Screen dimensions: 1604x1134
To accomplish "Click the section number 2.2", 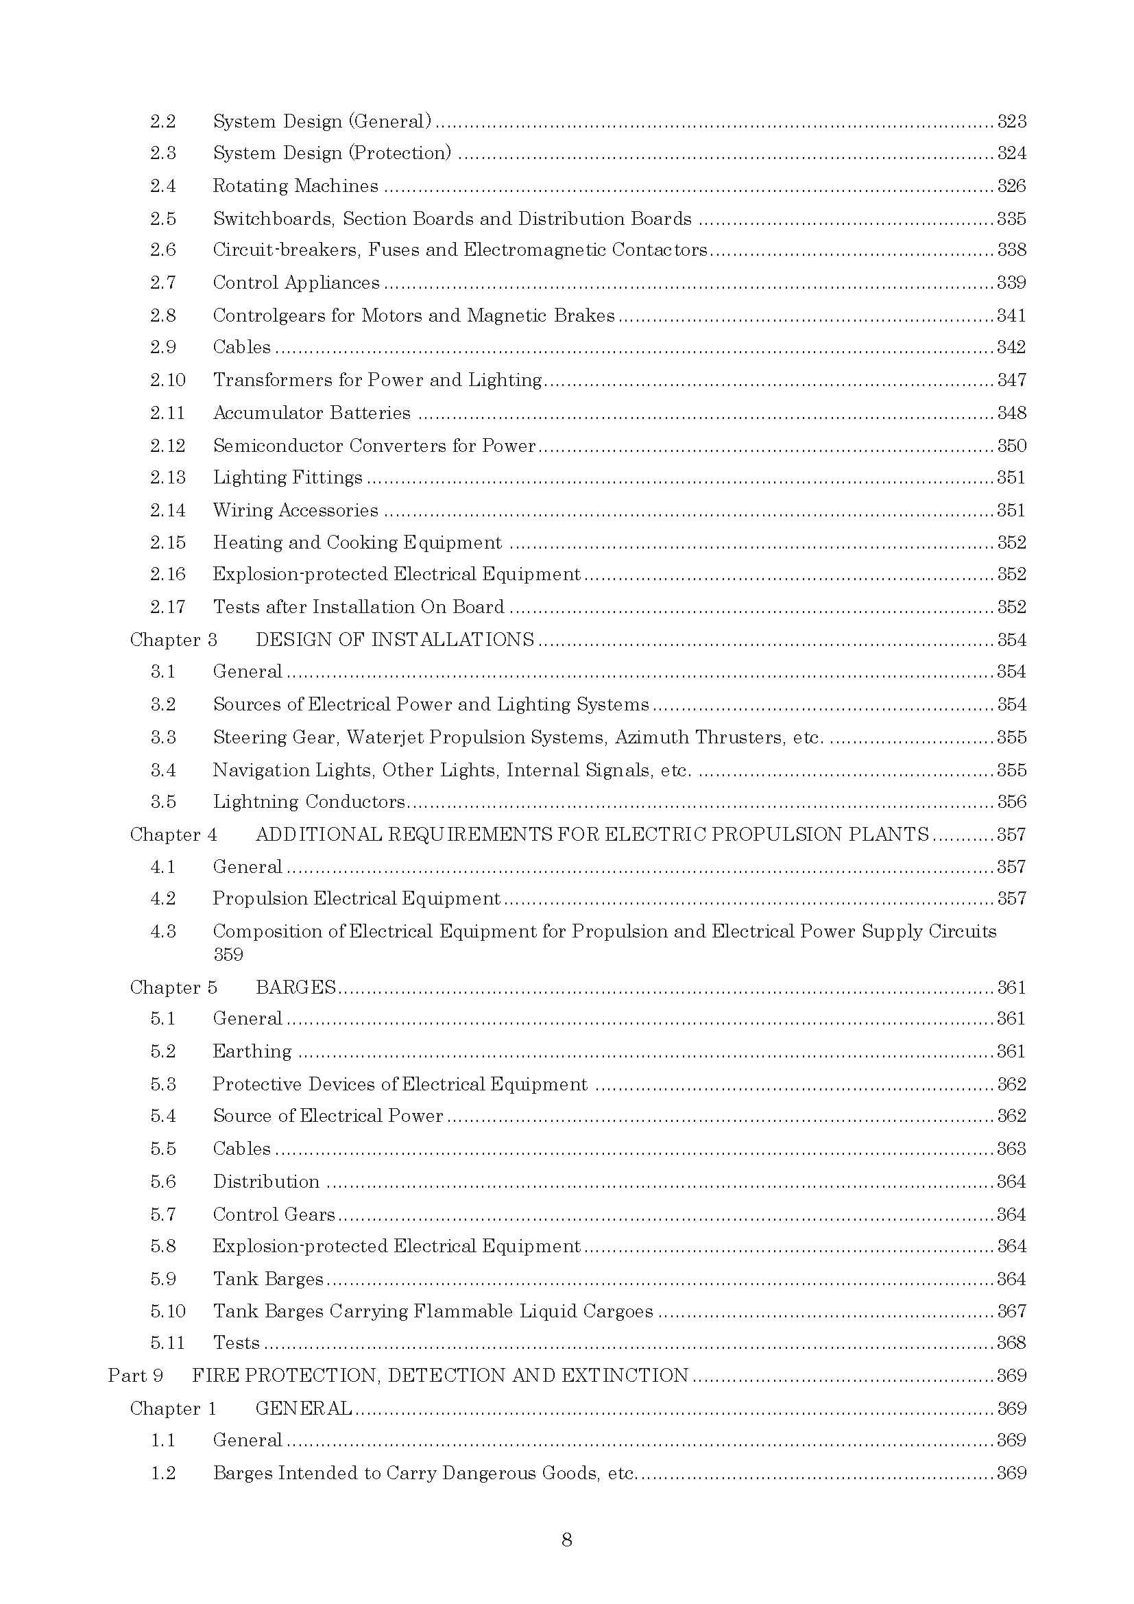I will tap(162, 121).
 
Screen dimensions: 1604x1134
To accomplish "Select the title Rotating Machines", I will tap(295, 186).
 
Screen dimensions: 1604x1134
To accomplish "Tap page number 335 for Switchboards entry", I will tap(1011, 219).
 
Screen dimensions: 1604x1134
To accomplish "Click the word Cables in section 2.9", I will tap(241, 347).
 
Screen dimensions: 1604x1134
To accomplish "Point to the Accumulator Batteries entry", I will tap(311, 413).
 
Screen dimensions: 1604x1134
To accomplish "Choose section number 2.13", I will tap(167, 477).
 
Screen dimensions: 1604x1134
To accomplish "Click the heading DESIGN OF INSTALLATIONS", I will tap(394, 640).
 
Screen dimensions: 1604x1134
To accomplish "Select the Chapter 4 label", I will tap(173, 835).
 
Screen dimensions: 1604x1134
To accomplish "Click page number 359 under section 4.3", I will tap(228, 955).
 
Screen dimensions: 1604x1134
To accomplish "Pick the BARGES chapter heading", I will tap(295, 987).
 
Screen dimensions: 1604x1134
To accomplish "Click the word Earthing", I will tap(252, 1051).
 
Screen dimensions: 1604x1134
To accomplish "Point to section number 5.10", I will tap(167, 1311).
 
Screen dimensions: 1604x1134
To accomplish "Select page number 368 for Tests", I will tap(1011, 1343).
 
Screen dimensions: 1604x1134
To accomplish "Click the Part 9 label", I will tap(136, 1376).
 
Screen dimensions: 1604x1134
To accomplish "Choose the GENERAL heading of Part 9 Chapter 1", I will tap(304, 1409).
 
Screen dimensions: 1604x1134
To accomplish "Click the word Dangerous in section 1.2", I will tap(490, 1473).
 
